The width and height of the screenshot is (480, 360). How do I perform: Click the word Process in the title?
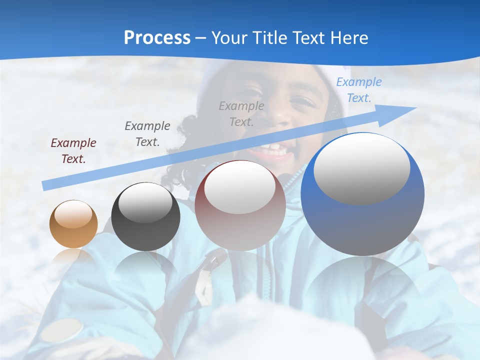coord(157,38)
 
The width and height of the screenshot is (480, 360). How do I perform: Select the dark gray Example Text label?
coord(147,134)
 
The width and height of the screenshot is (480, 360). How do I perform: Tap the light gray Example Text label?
coord(241,113)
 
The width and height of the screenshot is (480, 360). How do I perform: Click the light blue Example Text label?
coord(359,90)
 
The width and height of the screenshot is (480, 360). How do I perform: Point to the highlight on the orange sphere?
coord(73,214)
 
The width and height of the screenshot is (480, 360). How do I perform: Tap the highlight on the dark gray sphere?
coord(145,202)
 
